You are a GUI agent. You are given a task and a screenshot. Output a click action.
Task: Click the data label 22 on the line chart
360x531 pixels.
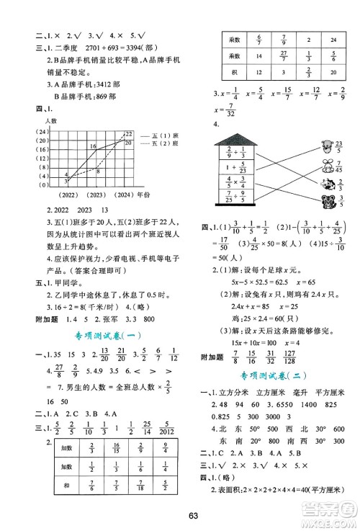point(129,134)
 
